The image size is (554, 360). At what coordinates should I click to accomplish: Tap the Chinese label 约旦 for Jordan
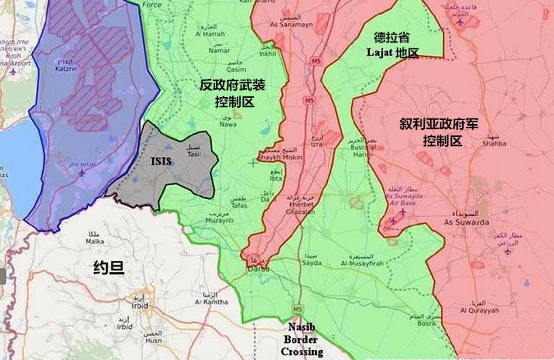109,267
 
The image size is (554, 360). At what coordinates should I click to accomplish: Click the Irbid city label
139,305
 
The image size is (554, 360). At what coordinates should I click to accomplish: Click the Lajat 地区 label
392,52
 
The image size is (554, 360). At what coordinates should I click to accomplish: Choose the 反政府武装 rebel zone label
232,85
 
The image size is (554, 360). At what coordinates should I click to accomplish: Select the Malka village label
94,241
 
